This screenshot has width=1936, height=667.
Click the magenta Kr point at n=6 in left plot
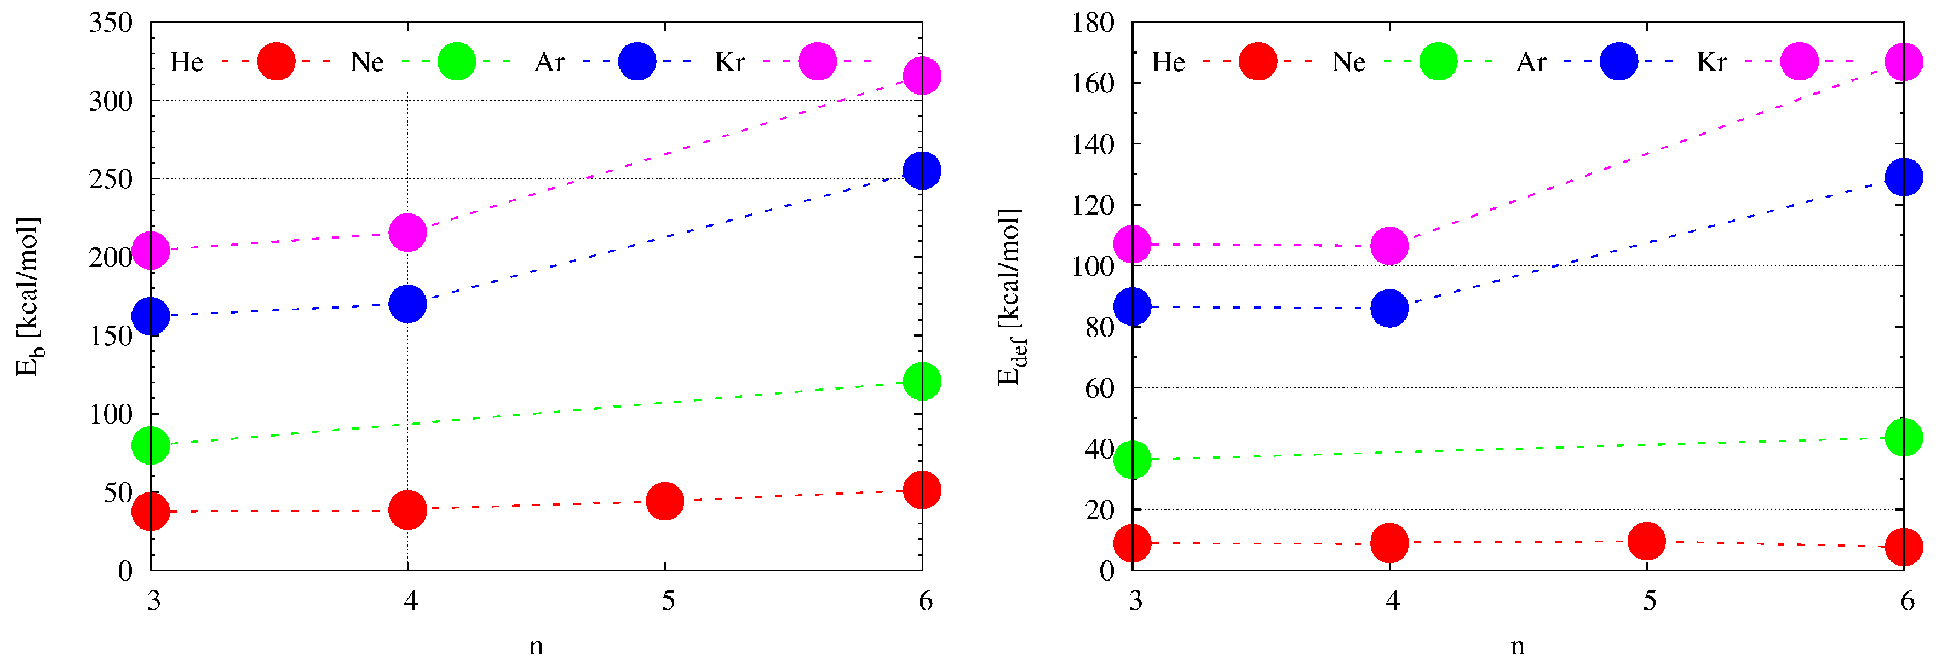(921, 76)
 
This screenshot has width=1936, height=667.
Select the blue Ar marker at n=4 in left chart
(407, 304)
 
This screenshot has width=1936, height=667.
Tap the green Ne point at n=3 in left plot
(150, 445)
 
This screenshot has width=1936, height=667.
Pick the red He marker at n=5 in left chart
(664, 501)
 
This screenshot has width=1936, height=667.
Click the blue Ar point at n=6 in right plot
(1904, 177)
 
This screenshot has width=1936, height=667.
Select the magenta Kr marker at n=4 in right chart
(1389, 246)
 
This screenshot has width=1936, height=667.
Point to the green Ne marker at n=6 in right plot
(1904, 437)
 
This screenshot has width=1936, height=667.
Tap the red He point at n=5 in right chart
(1647, 541)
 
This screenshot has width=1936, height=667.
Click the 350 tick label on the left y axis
(111, 22)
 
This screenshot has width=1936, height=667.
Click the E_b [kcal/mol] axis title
(28, 297)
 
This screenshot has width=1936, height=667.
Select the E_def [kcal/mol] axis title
(1011, 297)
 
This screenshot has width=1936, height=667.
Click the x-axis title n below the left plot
(536, 646)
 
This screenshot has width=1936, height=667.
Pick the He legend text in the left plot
(186, 62)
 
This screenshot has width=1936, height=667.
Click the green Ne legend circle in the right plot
(1438, 62)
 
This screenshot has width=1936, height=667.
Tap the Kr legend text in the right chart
(1711, 62)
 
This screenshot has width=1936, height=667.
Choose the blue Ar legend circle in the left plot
(636, 62)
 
